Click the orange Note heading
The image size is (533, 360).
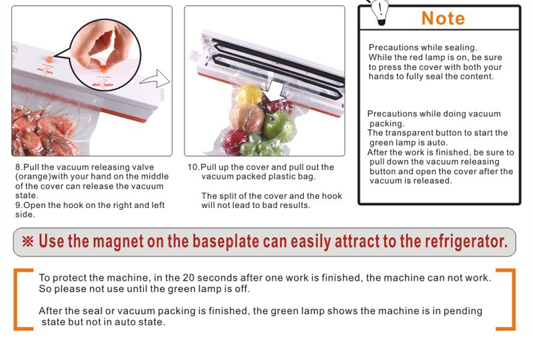point(443,18)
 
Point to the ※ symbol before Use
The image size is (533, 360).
point(28,241)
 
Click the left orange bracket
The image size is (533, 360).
point(22,299)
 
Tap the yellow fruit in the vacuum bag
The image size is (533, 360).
point(249,95)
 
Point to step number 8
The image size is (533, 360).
point(17,167)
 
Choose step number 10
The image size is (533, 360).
point(193,167)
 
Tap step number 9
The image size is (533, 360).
point(17,205)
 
